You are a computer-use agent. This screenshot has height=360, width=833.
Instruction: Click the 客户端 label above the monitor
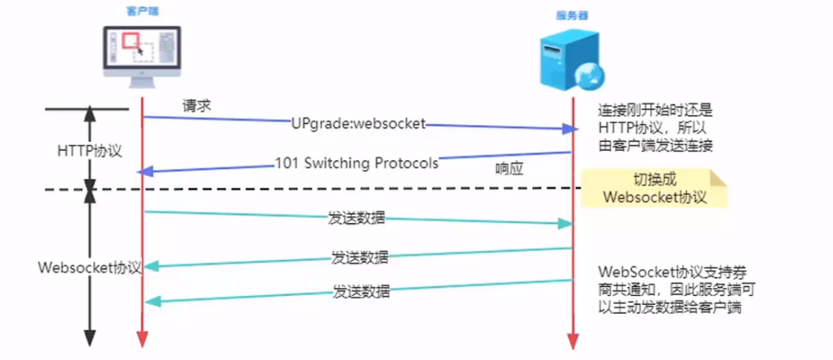[142, 11]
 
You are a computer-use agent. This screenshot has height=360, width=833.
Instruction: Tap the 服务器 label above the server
[571, 16]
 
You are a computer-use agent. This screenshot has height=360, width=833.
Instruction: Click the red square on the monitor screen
[131, 40]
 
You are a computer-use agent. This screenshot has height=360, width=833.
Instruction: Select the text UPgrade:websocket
[358, 124]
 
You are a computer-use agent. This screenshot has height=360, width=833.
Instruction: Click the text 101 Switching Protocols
[356, 163]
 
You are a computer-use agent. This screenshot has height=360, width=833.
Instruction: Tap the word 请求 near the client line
[196, 106]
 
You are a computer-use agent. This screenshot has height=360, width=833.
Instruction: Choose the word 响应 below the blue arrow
[510, 169]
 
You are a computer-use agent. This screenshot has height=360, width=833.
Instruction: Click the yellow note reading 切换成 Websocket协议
[654, 188]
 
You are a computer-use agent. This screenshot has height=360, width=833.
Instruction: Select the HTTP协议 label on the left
[89, 151]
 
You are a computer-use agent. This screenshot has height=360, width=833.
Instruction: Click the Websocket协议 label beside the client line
[89, 267]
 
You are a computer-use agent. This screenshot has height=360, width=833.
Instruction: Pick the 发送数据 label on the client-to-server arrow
[356, 218]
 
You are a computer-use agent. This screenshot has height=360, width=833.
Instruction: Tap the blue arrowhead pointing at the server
[569, 129]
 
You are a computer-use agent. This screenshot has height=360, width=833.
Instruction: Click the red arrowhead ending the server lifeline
[573, 342]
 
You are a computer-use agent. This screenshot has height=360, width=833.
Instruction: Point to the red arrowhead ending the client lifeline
[142, 340]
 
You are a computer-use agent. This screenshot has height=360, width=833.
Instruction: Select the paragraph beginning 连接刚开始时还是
[655, 128]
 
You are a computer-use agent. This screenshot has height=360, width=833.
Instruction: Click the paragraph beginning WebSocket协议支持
[677, 289]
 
